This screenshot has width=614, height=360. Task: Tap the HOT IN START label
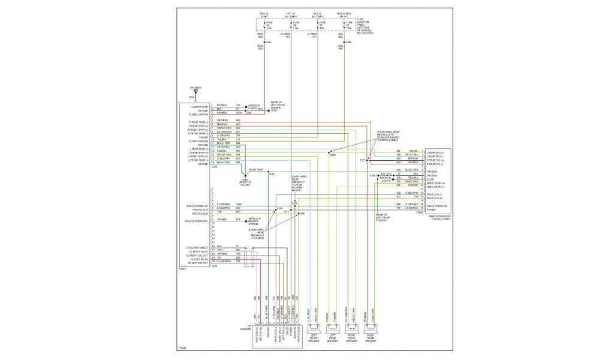[264, 14]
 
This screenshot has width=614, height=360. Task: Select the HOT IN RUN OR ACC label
[344, 14]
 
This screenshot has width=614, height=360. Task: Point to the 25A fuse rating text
[322, 27]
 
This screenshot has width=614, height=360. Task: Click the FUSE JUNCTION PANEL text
[368, 26]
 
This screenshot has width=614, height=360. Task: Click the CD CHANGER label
[245, 328]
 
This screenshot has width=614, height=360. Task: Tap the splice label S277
[362, 160]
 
